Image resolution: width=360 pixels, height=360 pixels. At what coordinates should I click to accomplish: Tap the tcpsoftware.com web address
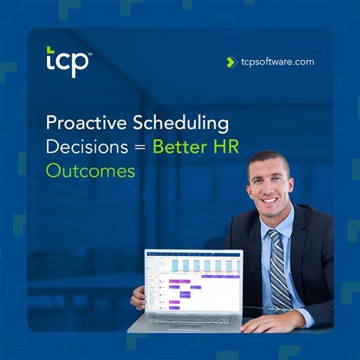[276, 62]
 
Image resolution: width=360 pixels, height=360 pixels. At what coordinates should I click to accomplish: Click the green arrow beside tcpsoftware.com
[231, 62]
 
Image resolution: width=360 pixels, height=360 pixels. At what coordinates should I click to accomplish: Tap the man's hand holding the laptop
[137, 298]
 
